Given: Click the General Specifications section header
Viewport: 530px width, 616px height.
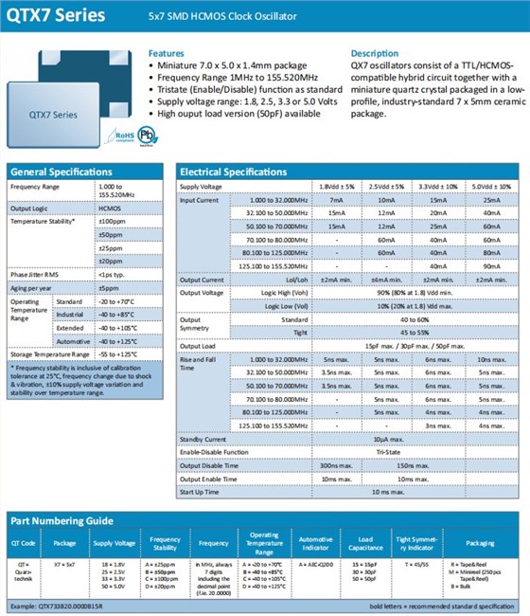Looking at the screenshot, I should coord(61,172).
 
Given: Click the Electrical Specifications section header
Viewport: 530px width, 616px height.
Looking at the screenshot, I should coord(233,172).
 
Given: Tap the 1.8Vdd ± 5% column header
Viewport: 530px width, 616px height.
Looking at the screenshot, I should coord(337,187).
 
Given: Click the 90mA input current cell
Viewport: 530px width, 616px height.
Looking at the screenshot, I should coord(490,267).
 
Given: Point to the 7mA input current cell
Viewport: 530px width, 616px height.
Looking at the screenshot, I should coord(337,200).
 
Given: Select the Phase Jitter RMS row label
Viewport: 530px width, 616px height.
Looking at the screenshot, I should coord(35,273).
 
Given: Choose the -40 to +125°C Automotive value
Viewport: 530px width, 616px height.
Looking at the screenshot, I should coord(120,339).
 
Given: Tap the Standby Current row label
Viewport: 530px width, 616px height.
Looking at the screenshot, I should coord(204,439).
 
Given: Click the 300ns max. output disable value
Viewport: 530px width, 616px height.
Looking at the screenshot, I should coord(337,465).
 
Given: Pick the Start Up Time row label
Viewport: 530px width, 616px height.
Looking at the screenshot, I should coord(200,492).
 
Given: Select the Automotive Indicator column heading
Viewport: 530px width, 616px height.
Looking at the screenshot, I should coord(315,544).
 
